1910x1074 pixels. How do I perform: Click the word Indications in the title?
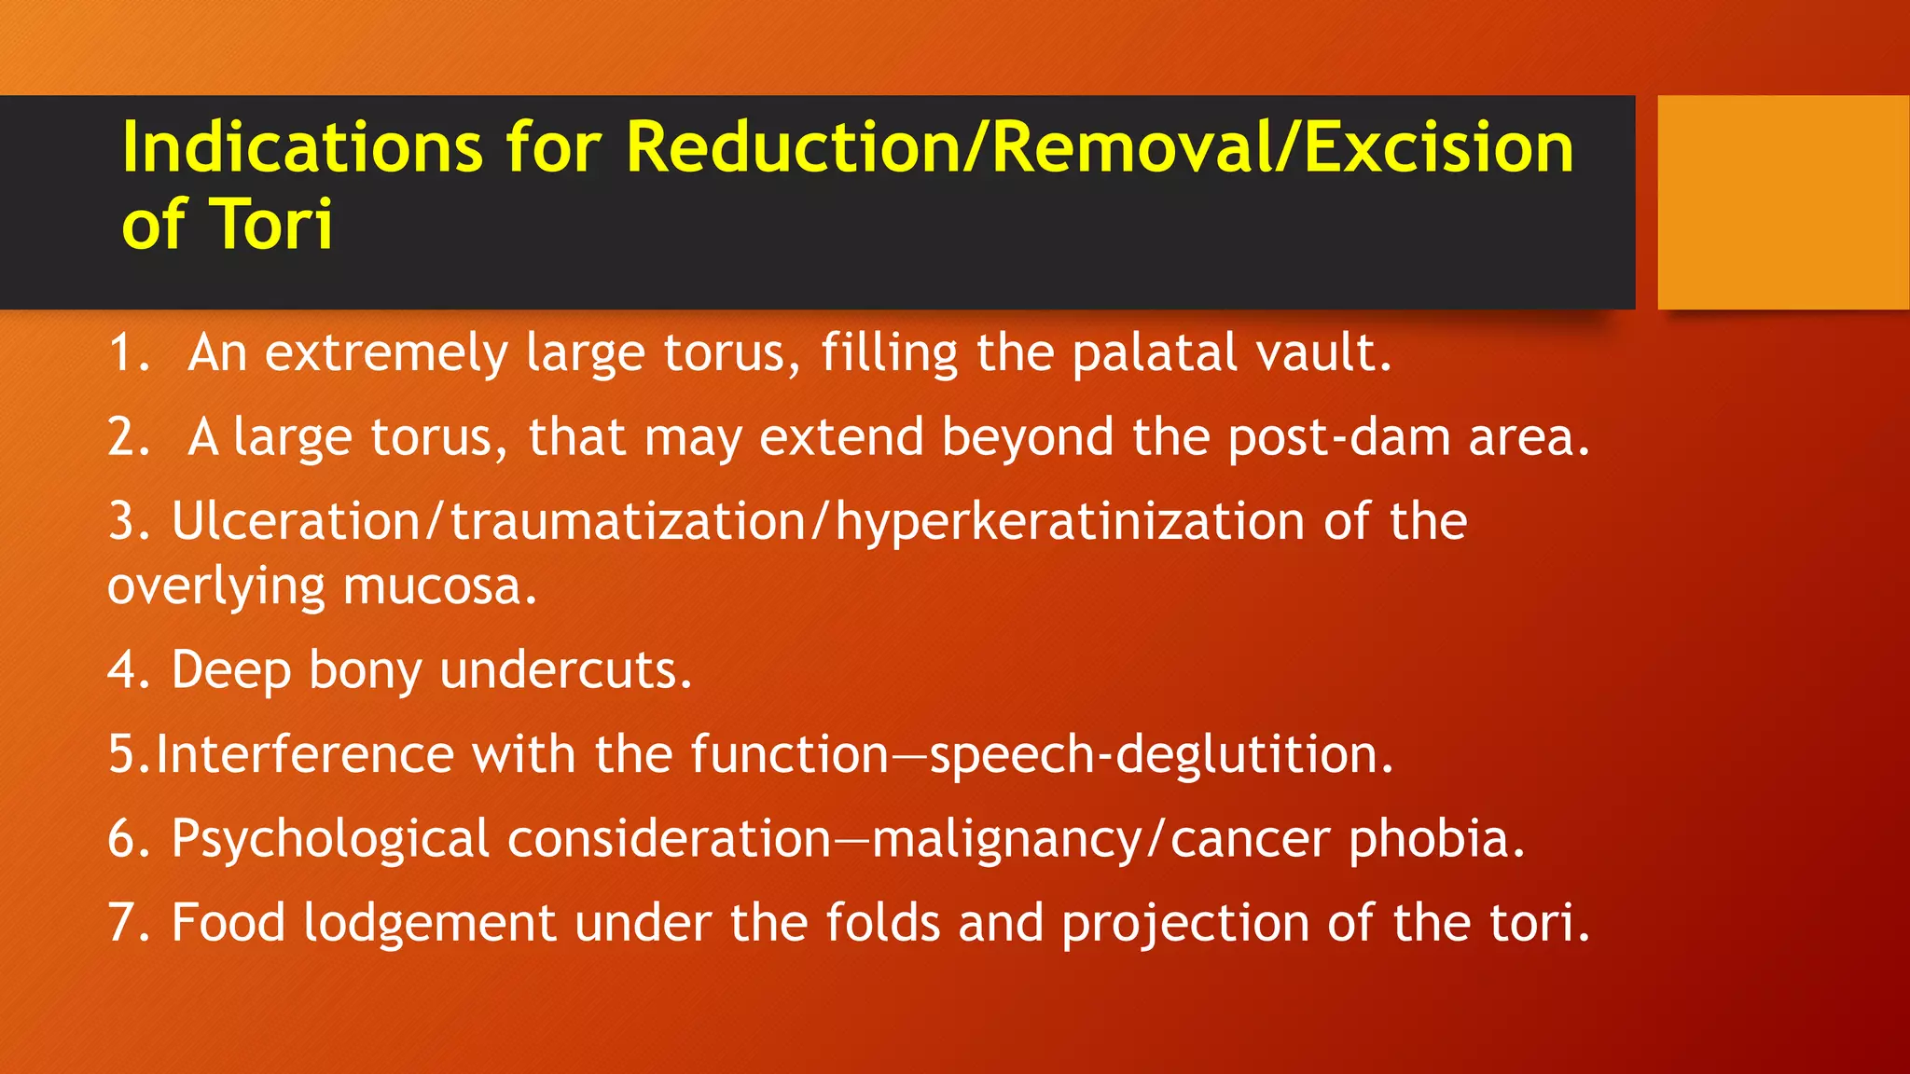[x=302, y=147]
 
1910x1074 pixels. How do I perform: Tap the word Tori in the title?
[x=271, y=225]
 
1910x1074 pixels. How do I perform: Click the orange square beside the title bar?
[x=1783, y=201]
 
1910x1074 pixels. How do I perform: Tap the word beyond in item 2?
[x=1028, y=437]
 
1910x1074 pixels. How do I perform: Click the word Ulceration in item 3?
[x=296, y=521]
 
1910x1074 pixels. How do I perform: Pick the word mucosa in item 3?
[x=439, y=586]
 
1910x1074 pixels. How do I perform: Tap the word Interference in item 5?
[x=304, y=754]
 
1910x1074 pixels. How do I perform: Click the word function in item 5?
[x=790, y=754]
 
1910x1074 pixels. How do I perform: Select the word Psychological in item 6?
[x=330, y=840]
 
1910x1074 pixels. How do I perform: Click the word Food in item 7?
[x=228, y=923]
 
